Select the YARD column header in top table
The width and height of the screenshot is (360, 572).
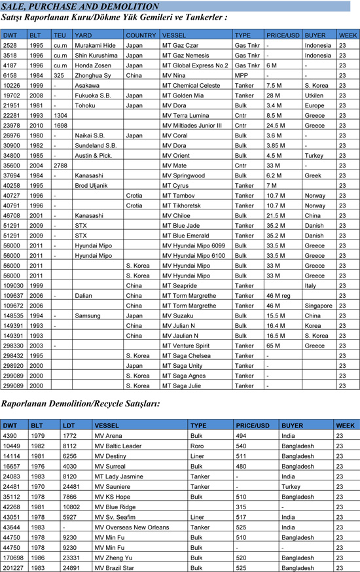click(x=83, y=34)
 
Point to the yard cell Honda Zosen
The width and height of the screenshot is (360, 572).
click(x=94, y=65)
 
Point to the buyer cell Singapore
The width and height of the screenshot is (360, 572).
click(x=319, y=306)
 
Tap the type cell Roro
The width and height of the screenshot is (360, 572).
click(x=197, y=446)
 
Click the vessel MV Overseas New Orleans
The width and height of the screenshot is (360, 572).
click(x=131, y=527)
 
